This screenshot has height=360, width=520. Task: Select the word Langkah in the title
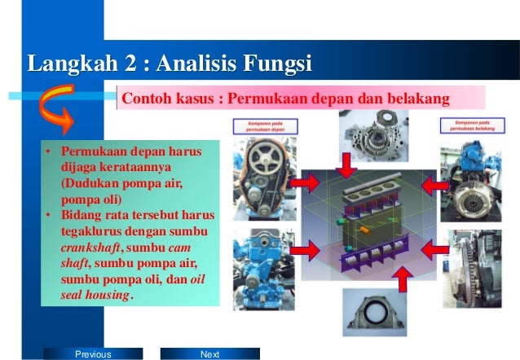68,63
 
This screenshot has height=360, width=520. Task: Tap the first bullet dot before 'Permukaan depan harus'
50,152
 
